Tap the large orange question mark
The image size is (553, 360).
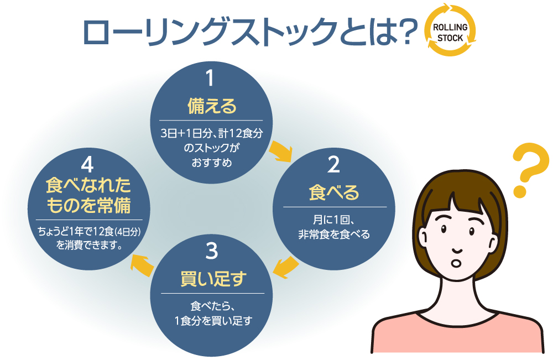529,170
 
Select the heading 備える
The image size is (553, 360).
212,106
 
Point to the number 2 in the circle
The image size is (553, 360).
333,165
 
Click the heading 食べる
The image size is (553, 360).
333,192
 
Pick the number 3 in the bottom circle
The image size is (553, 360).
212,252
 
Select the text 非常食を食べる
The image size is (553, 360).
334,234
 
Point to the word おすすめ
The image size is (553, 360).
212,163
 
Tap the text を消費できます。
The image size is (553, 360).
88,244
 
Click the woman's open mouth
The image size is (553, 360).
457,263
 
